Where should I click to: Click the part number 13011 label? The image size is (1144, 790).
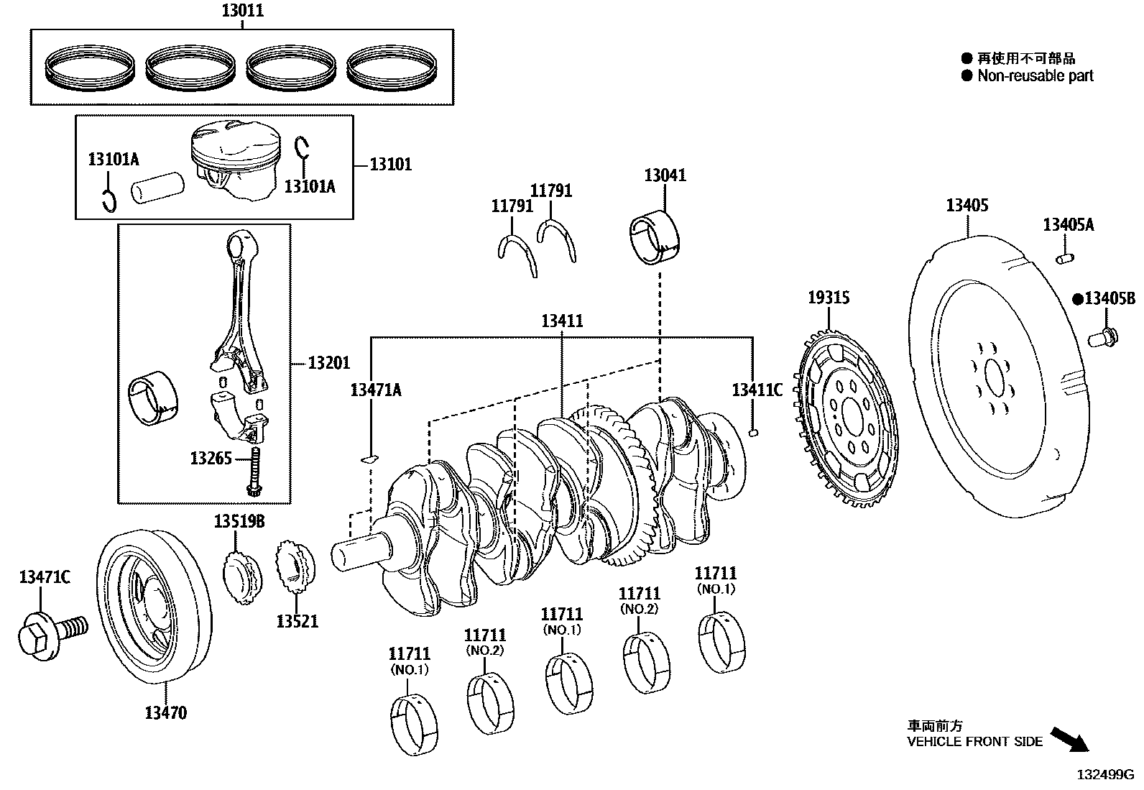(241, 11)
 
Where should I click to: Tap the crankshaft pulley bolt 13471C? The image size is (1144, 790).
(49, 633)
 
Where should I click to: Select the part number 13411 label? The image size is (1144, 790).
(562, 321)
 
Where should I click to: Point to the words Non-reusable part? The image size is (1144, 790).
(1035, 75)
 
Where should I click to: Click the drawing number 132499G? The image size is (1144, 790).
(1104, 775)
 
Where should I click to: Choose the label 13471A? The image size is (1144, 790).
(375, 390)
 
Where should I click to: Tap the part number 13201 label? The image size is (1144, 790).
(329, 364)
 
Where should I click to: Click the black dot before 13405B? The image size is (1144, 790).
(1077, 299)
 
